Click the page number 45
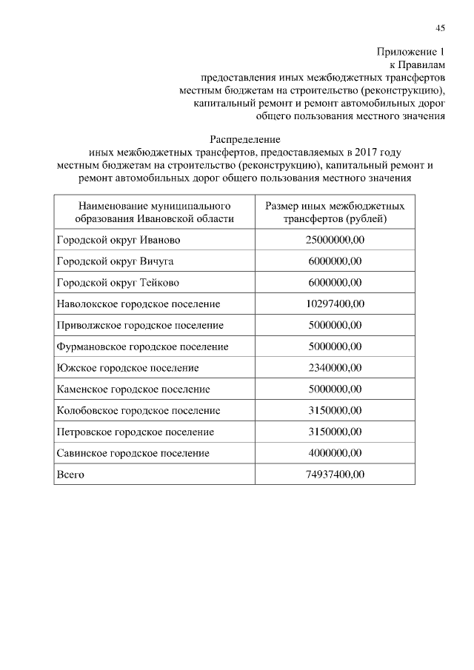click(440, 28)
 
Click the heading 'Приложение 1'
click(411, 52)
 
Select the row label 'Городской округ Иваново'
click(118, 240)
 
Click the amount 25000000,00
click(335, 240)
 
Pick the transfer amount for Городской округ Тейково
click(335, 283)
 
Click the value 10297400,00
click(335, 304)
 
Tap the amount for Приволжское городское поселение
click(335, 325)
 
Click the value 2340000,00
click(335, 368)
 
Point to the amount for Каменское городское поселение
click(335, 389)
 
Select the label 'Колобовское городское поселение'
click(138, 410)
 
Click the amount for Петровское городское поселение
click(335, 432)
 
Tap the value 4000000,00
click(335, 452)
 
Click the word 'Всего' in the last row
click(70, 474)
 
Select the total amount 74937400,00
click(335, 474)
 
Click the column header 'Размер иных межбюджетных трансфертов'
click(335, 211)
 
